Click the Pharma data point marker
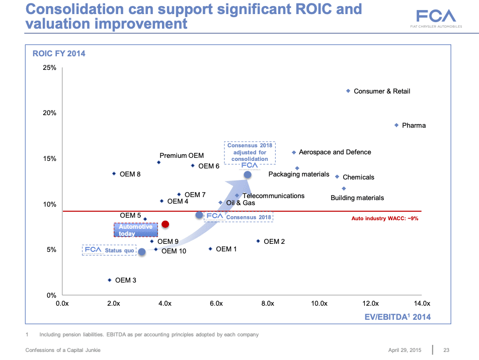tap(396, 125)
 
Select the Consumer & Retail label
tap(382, 92)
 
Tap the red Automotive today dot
tap(165, 224)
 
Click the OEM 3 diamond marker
tap(110, 280)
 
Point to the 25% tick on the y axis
tap(49, 67)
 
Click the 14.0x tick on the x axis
tap(422, 304)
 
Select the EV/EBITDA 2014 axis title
tap(397, 317)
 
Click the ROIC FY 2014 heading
tap(59, 53)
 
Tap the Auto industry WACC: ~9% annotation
tap(384, 219)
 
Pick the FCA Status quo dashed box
tap(109, 250)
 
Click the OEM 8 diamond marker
tap(114, 174)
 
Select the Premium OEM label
tap(182, 156)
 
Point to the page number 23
tap(446, 350)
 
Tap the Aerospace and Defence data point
tap(294, 152)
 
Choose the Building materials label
tap(357, 198)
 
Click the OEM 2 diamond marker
tap(258, 241)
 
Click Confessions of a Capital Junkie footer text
tap(63, 350)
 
